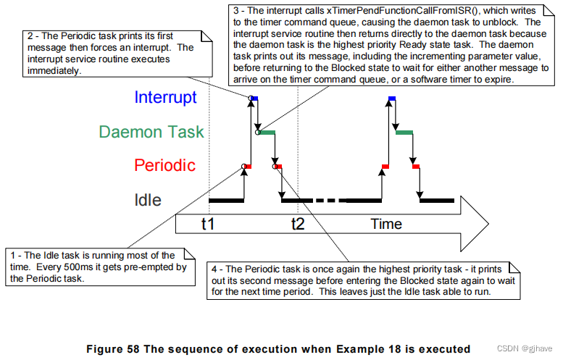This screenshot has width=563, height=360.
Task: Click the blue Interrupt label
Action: (166, 97)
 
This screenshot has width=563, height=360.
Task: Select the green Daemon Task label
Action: (151, 132)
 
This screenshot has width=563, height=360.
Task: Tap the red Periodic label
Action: (165, 166)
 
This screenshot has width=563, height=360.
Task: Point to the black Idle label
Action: (147, 200)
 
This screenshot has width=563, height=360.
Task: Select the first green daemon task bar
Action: (267, 133)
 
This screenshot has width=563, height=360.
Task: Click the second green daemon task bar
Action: (405, 133)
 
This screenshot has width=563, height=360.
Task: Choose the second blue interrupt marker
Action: (392, 98)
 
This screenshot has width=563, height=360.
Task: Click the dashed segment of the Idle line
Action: (330, 200)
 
